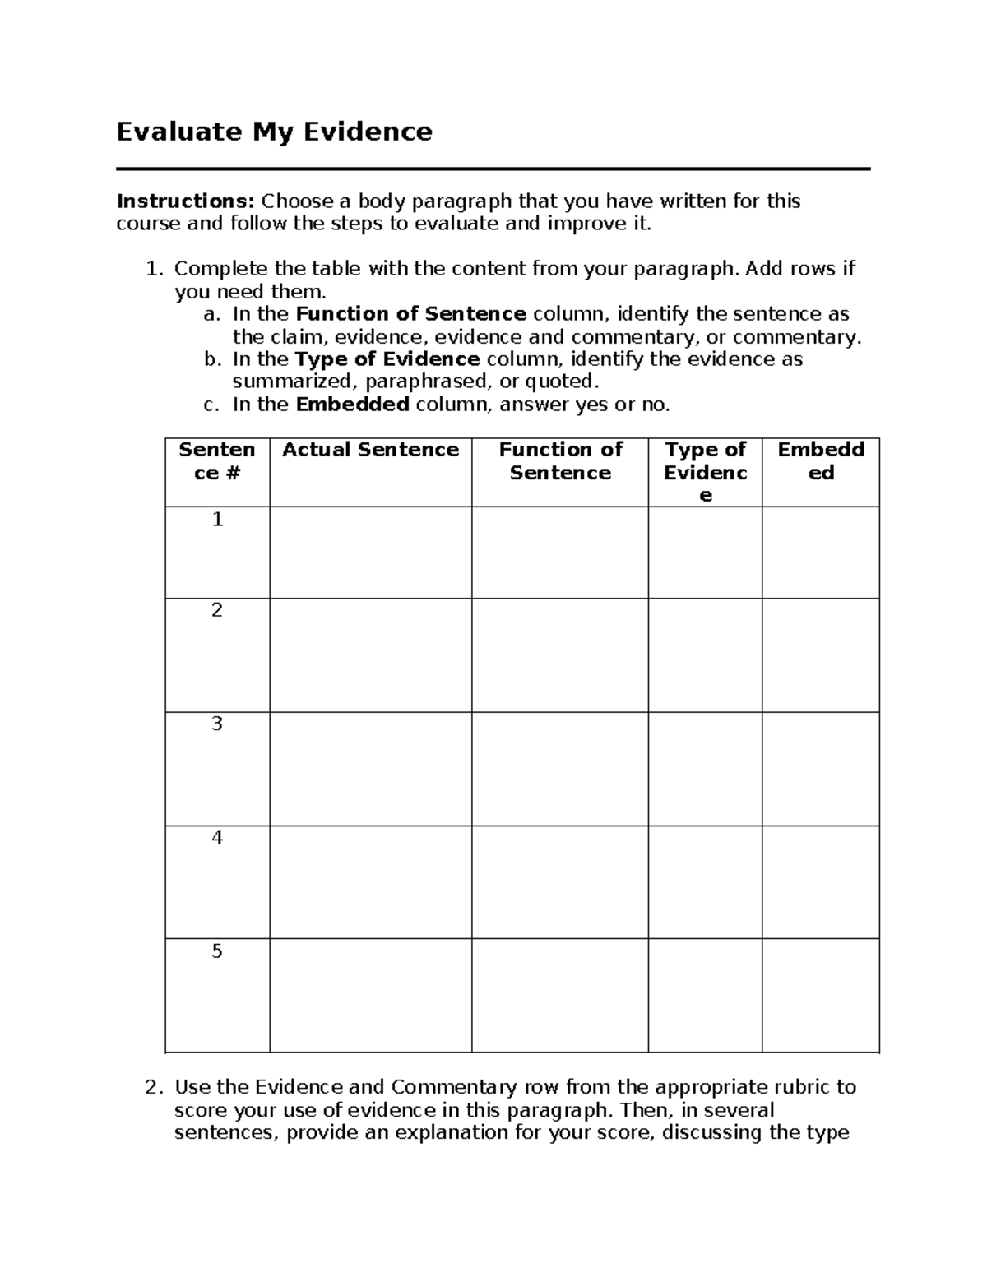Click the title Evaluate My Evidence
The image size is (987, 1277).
pyautogui.click(x=274, y=132)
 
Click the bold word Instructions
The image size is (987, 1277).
pyautogui.click(x=186, y=201)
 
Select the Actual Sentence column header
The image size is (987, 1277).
pyautogui.click(x=370, y=450)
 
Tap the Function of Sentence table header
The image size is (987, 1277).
pyautogui.click(x=560, y=461)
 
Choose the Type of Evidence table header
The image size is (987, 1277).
pyautogui.click(x=705, y=472)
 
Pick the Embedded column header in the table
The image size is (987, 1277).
pyautogui.click(x=821, y=461)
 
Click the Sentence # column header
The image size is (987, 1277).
pyautogui.click(x=217, y=461)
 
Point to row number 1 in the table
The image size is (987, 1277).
pyautogui.click(x=217, y=520)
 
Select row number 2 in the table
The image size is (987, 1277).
pyautogui.click(x=217, y=610)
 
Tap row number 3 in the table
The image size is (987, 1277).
pyautogui.click(x=217, y=724)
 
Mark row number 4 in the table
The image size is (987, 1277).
pyautogui.click(x=217, y=837)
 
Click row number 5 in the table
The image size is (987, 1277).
pyautogui.click(x=217, y=951)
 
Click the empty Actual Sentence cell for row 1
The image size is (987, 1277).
pyautogui.click(x=370, y=553)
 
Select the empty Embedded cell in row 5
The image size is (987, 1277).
pyautogui.click(x=821, y=995)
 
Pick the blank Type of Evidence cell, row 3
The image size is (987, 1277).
pyautogui.click(x=705, y=768)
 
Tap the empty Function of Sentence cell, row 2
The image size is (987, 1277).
pyautogui.click(x=560, y=655)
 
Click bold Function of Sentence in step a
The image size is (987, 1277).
pyautogui.click(x=410, y=314)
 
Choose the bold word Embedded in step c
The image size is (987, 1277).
pyautogui.click(x=352, y=405)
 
